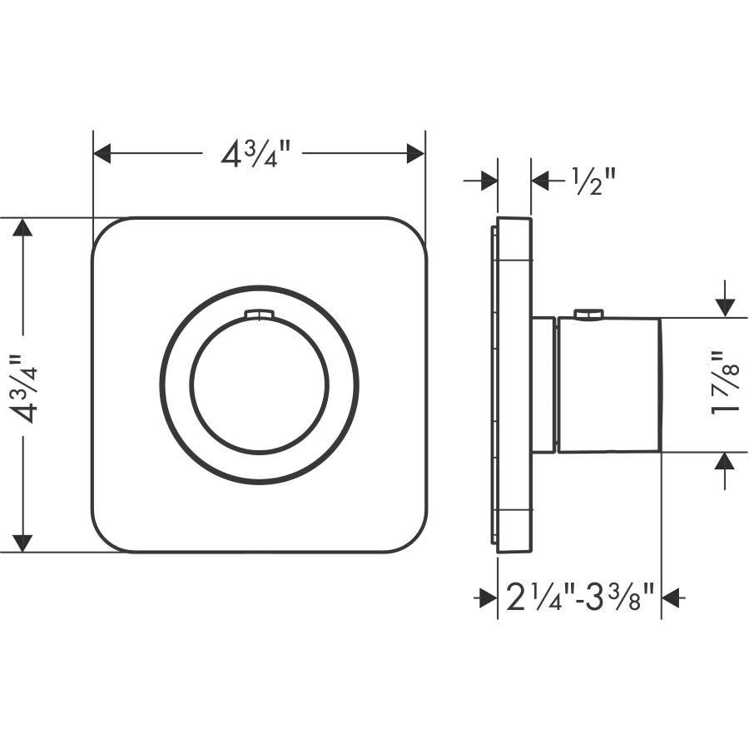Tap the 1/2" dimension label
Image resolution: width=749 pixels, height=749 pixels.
(x=593, y=182)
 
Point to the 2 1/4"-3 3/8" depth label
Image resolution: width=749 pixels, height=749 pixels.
(x=579, y=598)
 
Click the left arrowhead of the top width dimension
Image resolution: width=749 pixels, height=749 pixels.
(x=102, y=153)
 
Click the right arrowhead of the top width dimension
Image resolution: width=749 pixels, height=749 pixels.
(x=415, y=153)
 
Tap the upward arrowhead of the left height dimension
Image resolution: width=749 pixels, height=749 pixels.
(x=22, y=227)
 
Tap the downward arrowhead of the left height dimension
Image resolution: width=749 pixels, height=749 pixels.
(x=22, y=543)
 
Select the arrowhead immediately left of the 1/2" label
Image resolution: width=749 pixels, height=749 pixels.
(x=540, y=181)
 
